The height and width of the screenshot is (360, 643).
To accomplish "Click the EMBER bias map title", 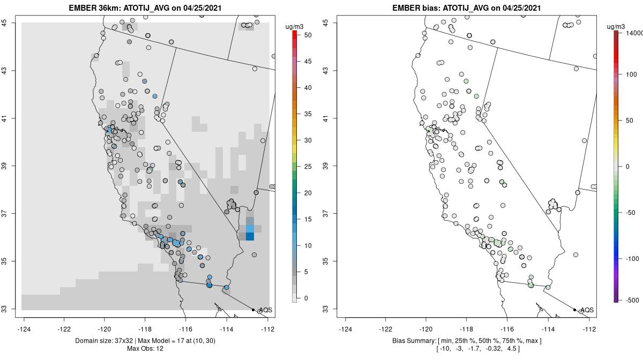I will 466,8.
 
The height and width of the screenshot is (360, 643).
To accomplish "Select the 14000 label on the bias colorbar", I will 631,33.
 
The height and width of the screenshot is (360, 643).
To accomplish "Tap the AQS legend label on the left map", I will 265,310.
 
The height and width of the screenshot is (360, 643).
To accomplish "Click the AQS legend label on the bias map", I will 587,310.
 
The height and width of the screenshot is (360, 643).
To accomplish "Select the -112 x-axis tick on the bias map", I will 589,329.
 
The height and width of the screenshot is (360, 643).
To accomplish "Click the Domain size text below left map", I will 146,341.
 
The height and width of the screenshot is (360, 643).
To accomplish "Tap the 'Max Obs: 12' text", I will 146,349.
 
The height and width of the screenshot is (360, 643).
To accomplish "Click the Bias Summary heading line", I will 466,341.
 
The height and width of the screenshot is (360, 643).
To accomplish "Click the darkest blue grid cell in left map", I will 250,237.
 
